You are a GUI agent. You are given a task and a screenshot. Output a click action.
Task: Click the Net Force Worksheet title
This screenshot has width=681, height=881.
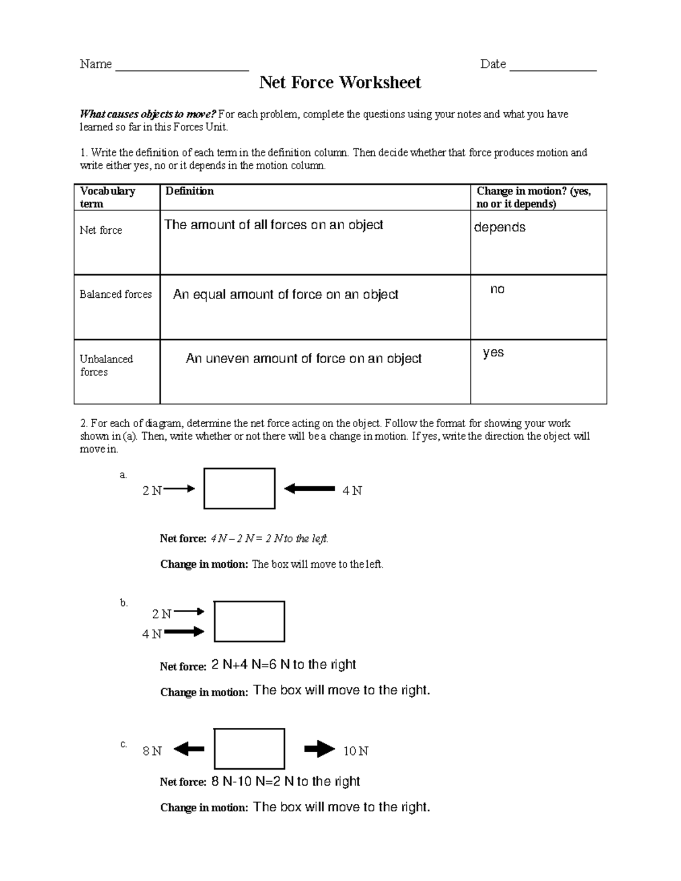pyautogui.click(x=340, y=83)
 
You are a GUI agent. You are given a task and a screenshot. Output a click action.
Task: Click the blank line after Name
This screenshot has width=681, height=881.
pyautogui.click(x=182, y=67)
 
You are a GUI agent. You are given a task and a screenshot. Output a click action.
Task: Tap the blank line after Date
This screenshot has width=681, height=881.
pyautogui.click(x=553, y=67)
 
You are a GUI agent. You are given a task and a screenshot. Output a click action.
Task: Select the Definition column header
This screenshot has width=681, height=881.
pyautogui.click(x=190, y=192)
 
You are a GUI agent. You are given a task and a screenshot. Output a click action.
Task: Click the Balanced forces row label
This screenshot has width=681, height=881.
pyautogui.click(x=116, y=294)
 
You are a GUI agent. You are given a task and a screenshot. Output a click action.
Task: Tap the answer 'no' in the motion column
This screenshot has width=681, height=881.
pyautogui.click(x=497, y=290)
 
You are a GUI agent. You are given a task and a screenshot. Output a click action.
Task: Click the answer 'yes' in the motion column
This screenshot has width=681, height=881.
pyautogui.click(x=493, y=353)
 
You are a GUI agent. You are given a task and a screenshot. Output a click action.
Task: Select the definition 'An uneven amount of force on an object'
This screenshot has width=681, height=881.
pyautogui.click(x=304, y=359)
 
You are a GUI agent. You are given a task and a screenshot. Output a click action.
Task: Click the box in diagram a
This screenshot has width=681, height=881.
pyautogui.click(x=239, y=488)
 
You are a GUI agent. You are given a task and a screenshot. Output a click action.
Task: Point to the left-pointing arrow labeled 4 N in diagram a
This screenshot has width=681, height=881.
pyautogui.click(x=309, y=488)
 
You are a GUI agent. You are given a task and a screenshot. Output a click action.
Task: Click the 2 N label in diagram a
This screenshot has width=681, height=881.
pyautogui.click(x=152, y=491)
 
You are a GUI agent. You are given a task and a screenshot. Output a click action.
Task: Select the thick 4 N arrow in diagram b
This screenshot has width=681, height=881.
pyautogui.click(x=184, y=631)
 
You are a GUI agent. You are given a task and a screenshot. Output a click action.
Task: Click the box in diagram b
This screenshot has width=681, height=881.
pyautogui.click(x=249, y=622)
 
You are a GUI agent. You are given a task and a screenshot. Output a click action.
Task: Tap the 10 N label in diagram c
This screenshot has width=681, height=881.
pyautogui.click(x=356, y=752)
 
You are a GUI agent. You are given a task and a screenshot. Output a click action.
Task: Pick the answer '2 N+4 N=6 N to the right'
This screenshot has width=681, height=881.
pyautogui.click(x=283, y=665)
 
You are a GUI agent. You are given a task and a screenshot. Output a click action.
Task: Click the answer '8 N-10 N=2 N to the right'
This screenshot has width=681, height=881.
pyautogui.click(x=285, y=782)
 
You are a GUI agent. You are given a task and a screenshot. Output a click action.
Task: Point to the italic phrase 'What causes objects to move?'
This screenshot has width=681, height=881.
pyautogui.click(x=148, y=115)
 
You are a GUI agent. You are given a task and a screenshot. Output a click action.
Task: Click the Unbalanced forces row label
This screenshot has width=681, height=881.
pyautogui.click(x=106, y=366)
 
